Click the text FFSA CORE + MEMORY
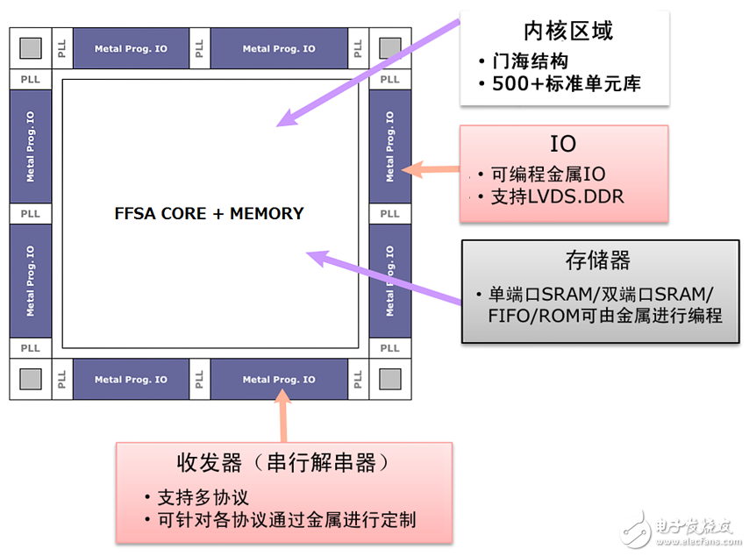coord(209,213)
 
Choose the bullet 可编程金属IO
coord(545,174)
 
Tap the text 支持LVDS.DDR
coord(553,196)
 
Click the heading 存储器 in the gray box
coord(598,260)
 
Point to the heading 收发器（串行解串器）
coord(283,463)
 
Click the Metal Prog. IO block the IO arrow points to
coord(389,146)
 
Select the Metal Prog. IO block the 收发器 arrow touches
coord(278,380)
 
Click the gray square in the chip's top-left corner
coord(30,48)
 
